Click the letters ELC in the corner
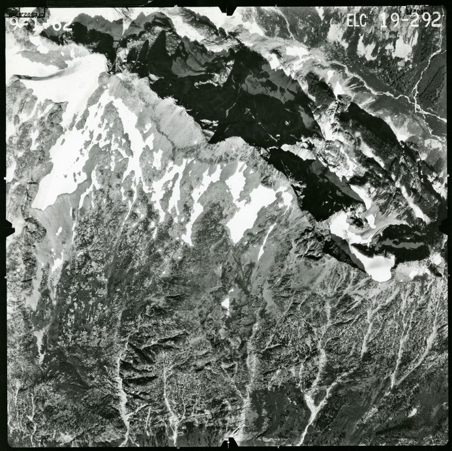pyautogui.click(x=356, y=20)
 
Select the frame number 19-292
pyautogui.click(x=410, y=20)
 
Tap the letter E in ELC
pyautogui.click(x=349, y=20)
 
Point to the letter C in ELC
pyautogui.click(x=364, y=20)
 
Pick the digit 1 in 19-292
pyautogui.click(x=383, y=20)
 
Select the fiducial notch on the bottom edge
pyautogui.click(x=229, y=444)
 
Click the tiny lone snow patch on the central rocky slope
pyautogui.click(x=226, y=303)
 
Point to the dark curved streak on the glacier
pyautogui.click(x=39, y=77)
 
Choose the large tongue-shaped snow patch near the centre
pyautogui.click(x=248, y=212)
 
